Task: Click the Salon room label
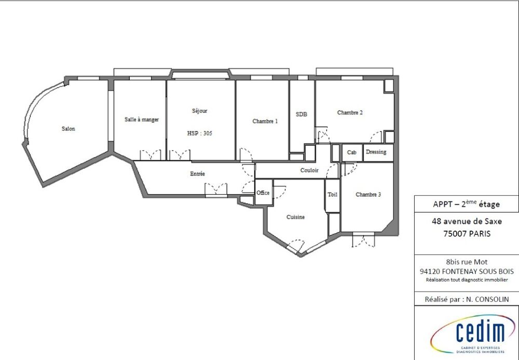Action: (68, 129)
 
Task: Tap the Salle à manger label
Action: (141, 119)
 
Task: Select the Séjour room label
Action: (199, 111)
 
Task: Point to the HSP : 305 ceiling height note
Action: (199, 133)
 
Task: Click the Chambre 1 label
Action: (265, 121)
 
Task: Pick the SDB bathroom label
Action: (302, 114)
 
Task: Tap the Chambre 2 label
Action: (349, 112)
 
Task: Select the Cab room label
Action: (352, 153)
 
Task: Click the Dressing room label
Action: (376, 152)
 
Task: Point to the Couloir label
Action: (309, 170)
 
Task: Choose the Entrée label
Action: (197, 174)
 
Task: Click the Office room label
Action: (263, 193)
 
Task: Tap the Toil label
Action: (332, 195)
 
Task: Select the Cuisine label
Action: (295, 217)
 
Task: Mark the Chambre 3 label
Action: (368, 195)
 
